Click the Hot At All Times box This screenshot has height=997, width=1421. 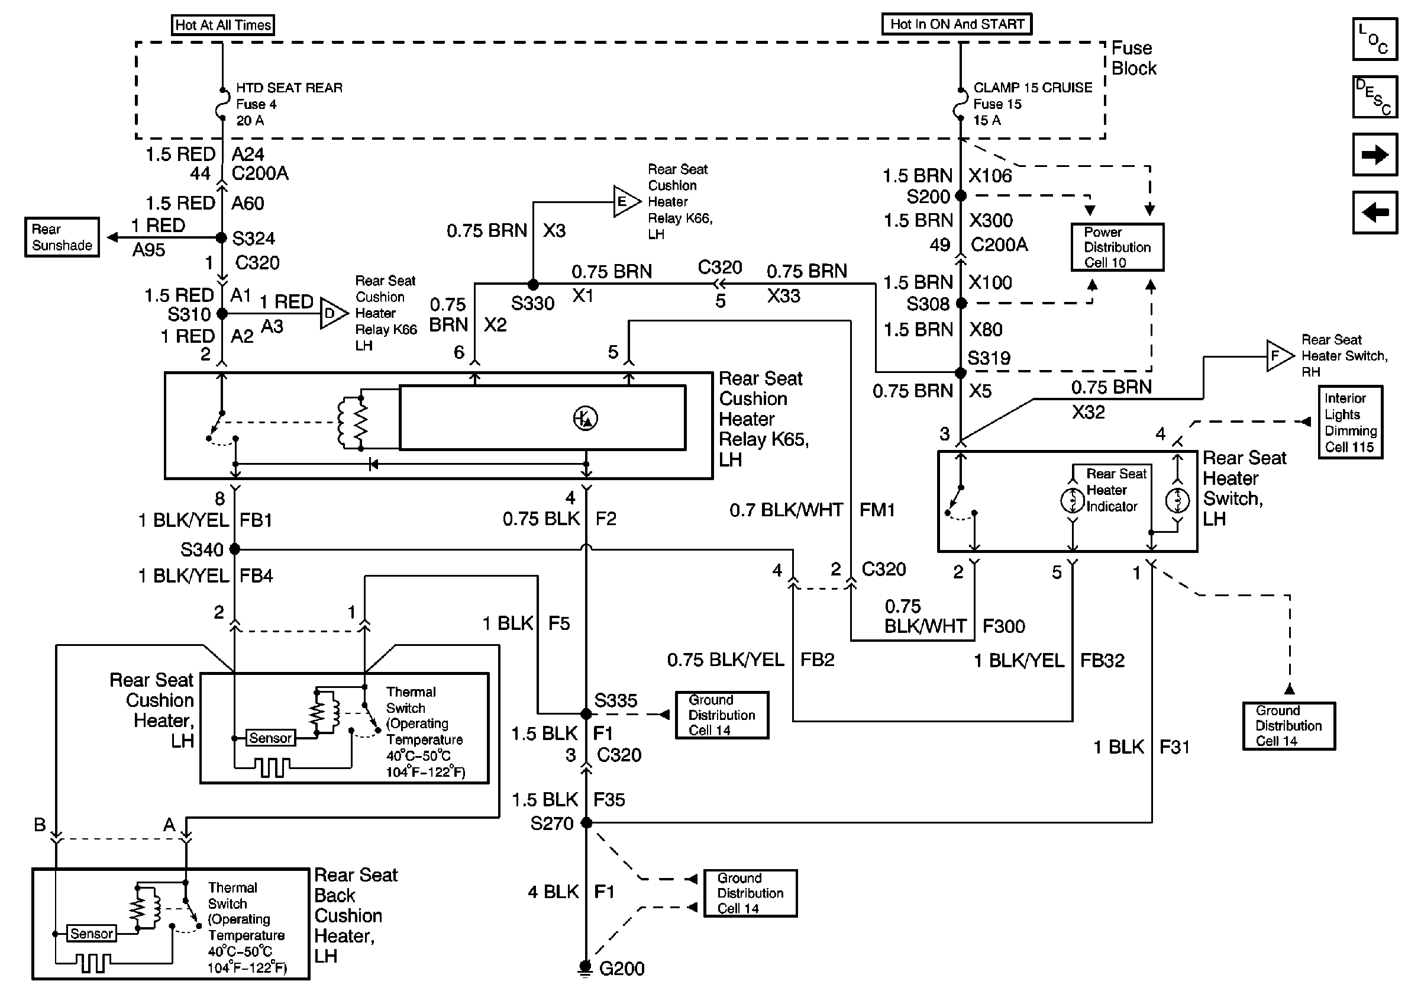point(223,25)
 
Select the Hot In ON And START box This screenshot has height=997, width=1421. point(956,24)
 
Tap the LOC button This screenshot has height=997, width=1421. point(1375,39)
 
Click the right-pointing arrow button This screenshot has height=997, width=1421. point(1375,155)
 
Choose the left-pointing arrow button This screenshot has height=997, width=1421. point(1375,213)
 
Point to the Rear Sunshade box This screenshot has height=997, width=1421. point(62,237)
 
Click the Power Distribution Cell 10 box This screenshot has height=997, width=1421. point(1117,247)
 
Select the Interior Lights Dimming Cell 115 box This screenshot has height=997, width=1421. point(1350,422)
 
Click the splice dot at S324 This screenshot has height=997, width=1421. point(222,238)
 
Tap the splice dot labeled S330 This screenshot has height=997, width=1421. point(533,285)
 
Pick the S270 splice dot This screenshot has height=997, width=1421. point(586,823)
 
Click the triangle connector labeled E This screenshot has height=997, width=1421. point(625,201)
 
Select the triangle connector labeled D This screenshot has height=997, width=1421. point(332,313)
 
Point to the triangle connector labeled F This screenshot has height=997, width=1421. point(1278,356)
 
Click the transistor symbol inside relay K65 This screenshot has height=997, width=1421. point(586,419)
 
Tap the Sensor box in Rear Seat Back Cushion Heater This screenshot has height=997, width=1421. point(92,933)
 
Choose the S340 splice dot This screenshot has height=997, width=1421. point(234,549)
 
